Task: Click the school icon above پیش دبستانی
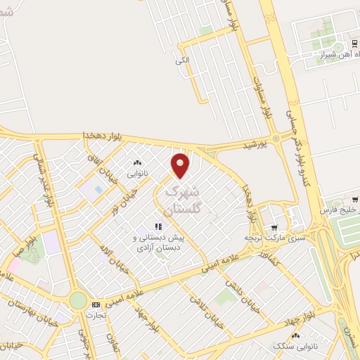[158, 226]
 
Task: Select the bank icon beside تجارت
[96, 304]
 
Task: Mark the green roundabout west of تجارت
[78, 301]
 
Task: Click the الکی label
[183, 61]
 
